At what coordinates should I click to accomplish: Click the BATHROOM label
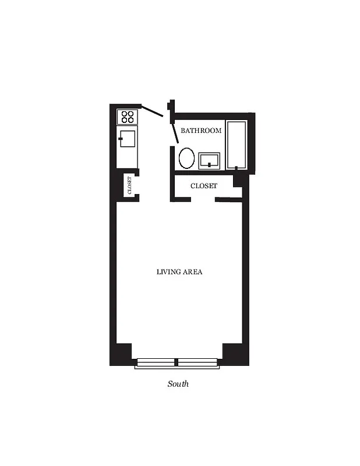click(x=201, y=130)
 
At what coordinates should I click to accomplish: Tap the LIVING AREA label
click(x=179, y=271)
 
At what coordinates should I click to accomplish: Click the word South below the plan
click(x=178, y=384)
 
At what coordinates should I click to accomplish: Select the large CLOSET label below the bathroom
click(x=204, y=186)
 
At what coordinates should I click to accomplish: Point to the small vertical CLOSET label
click(x=129, y=186)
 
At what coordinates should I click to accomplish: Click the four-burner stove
click(x=128, y=116)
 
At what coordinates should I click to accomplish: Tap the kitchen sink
click(x=128, y=139)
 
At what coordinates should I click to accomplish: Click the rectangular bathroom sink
click(x=209, y=160)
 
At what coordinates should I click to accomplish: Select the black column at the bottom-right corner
click(x=235, y=354)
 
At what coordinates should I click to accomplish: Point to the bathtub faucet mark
click(x=236, y=168)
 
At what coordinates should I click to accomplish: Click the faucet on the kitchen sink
click(x=121, y=139)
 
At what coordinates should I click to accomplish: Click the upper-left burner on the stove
click(x=124, y=113)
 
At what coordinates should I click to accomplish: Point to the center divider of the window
click(x=177, y=363)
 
